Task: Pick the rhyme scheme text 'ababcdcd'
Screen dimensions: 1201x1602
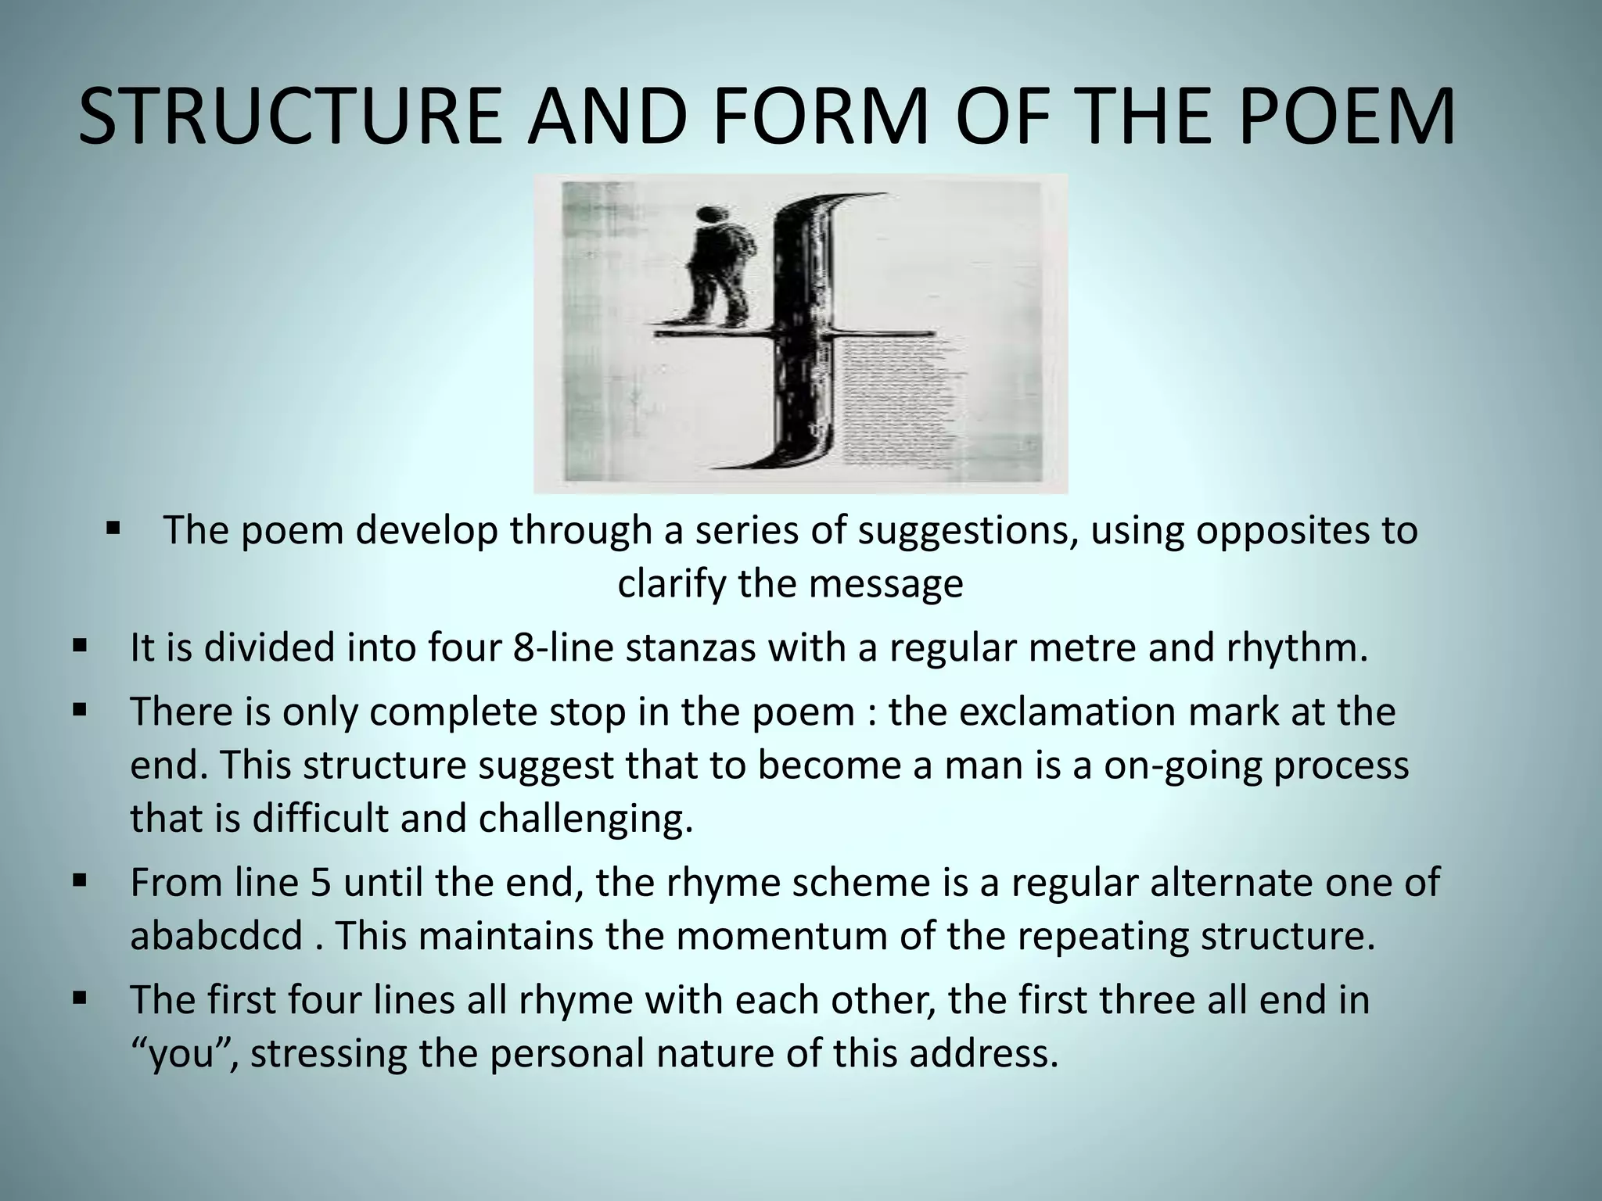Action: click(217, 936)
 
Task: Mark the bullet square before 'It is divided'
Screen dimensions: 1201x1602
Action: click(79, 647)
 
